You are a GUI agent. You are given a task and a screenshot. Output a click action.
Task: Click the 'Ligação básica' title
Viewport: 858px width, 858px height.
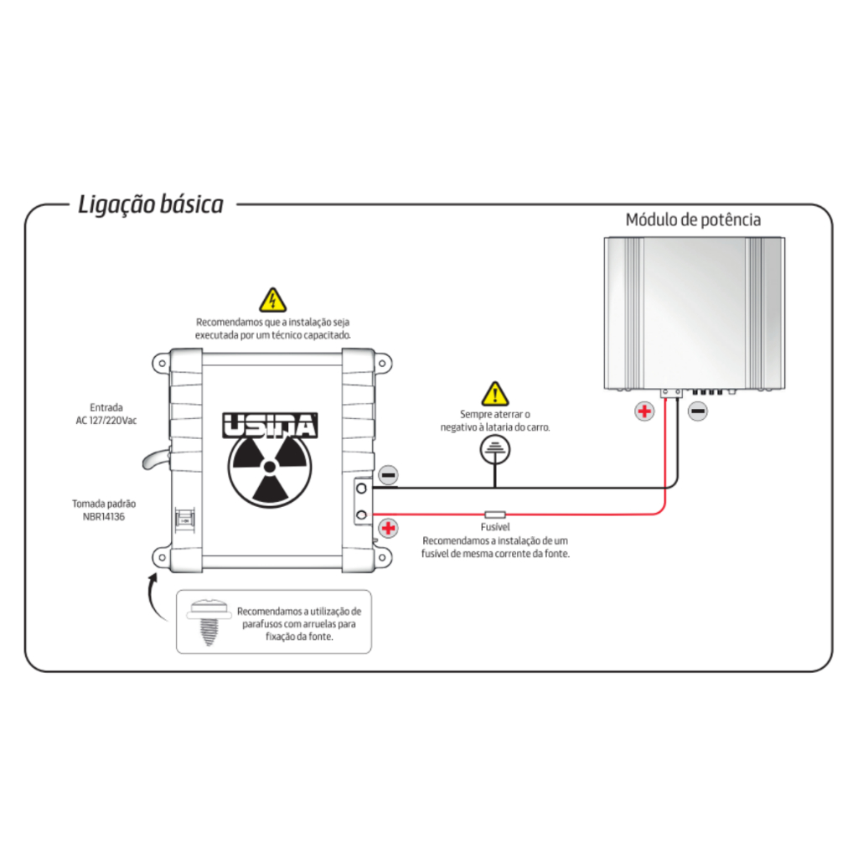tap(151, 204)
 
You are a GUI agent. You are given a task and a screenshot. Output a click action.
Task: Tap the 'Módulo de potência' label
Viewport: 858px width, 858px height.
tap(693, 220)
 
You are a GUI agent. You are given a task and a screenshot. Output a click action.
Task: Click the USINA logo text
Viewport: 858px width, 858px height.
tap(270, 426)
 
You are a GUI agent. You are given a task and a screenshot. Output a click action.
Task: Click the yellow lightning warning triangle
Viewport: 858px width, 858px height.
tap(272, 300)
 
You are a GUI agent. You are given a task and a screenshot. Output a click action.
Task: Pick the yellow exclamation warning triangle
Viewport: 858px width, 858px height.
tap(495, 393)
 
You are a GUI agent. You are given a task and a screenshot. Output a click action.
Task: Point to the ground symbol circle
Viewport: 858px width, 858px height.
tap(495, 450)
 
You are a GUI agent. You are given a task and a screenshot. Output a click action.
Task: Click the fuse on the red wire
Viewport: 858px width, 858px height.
tap(495, 514)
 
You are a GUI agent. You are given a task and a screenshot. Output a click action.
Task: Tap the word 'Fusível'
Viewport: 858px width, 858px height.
tap(495, 527)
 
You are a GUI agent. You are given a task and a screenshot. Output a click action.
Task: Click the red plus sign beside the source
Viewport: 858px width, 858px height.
tap(388, 528)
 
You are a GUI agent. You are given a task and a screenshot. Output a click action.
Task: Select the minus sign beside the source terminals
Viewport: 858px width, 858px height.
tap(388, 476)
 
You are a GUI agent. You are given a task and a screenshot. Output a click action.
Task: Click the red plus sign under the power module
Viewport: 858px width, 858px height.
tap(643, 411)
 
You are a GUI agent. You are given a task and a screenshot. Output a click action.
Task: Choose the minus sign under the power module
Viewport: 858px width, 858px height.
tap(697, 411)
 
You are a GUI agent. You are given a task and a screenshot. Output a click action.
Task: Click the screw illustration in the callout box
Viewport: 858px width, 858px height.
tap(205, 621)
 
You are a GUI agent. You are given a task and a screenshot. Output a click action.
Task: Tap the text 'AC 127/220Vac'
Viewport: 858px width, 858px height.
tap(106, 421)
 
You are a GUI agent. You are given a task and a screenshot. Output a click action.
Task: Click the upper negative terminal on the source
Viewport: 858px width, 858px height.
tap(361, 487)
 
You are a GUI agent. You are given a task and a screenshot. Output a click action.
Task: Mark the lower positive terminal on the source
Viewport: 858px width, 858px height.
tap(361, 514)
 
